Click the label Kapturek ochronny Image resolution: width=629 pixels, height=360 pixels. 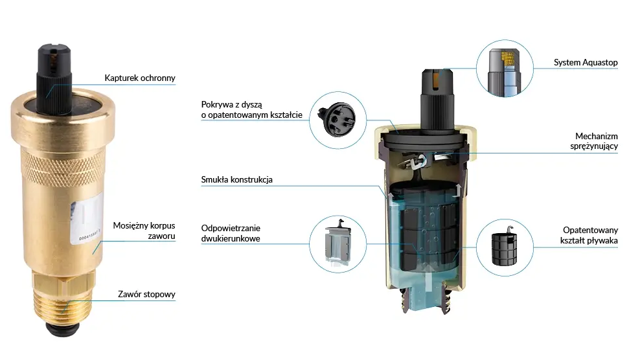140,78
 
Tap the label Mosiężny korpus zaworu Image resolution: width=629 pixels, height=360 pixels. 144,231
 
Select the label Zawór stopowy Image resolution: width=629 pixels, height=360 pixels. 146,294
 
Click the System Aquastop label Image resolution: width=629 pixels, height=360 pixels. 586,62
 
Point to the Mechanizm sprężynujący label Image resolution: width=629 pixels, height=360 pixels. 594,141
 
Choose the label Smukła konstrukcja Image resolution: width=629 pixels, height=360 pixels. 236,179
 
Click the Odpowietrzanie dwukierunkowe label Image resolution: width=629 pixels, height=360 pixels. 231,233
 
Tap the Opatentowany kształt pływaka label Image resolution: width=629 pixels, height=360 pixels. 589,235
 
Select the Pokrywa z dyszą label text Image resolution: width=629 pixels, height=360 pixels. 251,109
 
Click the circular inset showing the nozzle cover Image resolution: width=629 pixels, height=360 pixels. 337,120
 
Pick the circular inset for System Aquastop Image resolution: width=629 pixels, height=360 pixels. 505,68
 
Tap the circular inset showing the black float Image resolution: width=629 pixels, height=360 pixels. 505,247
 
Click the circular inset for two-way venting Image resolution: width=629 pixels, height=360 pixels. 337,244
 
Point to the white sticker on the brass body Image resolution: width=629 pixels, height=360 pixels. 86,218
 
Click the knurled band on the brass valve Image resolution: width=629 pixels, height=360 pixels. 62,168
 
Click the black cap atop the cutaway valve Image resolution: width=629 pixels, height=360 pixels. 437,100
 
